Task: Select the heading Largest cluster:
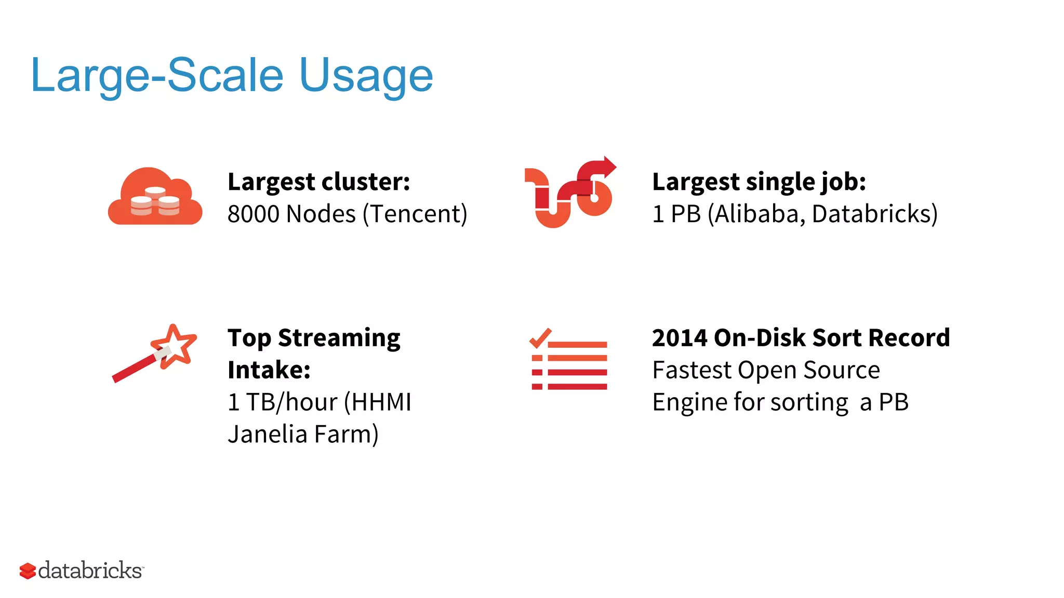click(318, 182)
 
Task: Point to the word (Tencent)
click(415, 214)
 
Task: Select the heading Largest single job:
click(759, 182)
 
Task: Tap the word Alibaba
click(756, 214)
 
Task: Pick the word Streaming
click(339, 338)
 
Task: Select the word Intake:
click(269, 370)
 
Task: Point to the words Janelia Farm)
click(303, 434)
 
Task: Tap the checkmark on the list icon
click(540, 338)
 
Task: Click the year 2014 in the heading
click(680, 338)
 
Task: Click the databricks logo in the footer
click(82, 570)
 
